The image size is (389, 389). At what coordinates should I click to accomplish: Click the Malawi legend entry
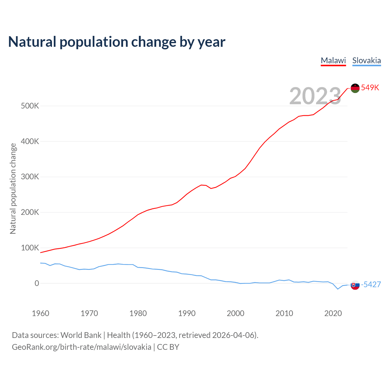[333, 60]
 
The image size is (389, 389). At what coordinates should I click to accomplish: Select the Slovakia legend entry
[367, 60]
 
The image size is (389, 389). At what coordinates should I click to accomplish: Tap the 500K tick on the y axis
[30, 106]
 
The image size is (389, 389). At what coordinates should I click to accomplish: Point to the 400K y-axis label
[30, 142]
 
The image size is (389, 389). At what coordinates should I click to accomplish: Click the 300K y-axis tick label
[30, 177]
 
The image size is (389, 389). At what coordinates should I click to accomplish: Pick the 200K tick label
[30, 212]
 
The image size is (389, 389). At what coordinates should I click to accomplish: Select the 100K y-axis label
[30, 248]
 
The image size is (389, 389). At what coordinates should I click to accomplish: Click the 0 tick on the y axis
[37, 283]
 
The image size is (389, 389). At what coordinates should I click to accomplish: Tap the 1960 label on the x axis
[40, 313]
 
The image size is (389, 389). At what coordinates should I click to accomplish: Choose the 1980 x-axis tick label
[138, 313]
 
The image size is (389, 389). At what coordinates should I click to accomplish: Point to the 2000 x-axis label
[236, 313]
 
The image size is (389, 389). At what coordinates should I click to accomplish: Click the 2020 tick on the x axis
[333, 313]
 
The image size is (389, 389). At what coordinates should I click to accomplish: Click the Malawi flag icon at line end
[355, 88]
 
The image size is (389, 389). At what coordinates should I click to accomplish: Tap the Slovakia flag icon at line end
[355, 285]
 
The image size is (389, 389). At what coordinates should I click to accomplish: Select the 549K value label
[370, 88]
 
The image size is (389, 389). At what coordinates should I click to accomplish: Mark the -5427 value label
[371, 284]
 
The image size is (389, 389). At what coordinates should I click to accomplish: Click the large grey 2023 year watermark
[315, 96]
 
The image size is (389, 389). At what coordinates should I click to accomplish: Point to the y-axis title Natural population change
[13, 189]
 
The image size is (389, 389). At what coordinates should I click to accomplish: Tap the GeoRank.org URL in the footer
[81, 347]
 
